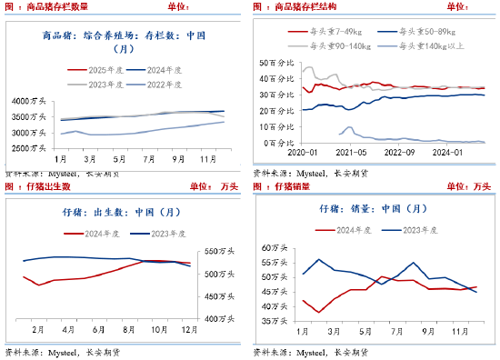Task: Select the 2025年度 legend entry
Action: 95,68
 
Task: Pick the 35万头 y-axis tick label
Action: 275,321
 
